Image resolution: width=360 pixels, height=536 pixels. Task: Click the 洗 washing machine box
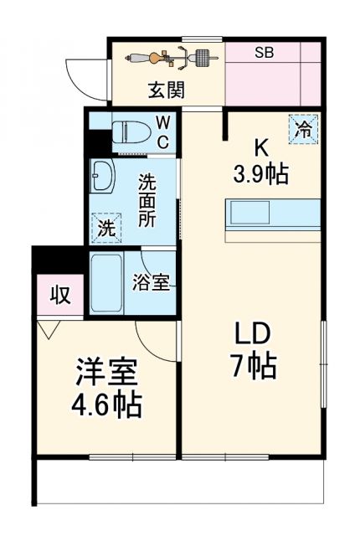pos(105,225)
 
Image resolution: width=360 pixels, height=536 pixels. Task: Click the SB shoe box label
pos(265,52)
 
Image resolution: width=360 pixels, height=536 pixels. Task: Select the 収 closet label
pos(58,295)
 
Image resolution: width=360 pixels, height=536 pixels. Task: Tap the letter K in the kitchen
pos(260,148)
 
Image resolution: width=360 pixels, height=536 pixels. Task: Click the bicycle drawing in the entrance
pos(171,58)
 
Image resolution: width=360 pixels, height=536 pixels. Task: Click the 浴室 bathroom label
pos(151,283)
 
